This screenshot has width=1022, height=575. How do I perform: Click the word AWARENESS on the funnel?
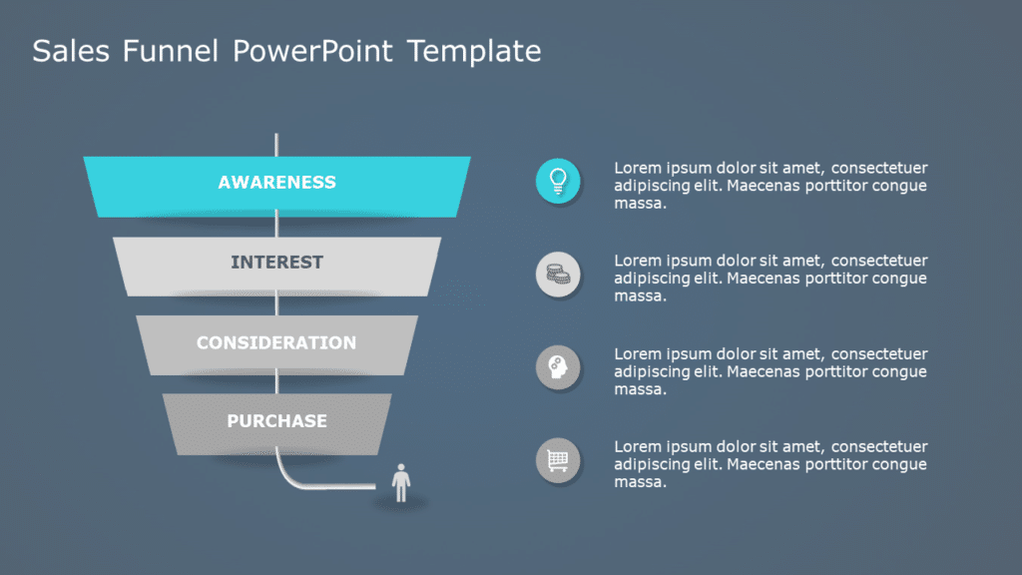pos(276,183)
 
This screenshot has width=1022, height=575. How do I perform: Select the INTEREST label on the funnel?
pos(276,263)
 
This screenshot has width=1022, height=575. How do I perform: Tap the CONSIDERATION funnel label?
pos(276,342)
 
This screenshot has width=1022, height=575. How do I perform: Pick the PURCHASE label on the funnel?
pos(276,421)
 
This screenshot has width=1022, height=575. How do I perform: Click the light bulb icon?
pos(558,181)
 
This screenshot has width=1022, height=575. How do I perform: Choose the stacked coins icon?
pos(558,275)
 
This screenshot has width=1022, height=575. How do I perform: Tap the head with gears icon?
pos(558,368)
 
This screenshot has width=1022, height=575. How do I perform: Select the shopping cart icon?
pos(558,460)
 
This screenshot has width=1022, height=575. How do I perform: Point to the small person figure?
pos(401,482)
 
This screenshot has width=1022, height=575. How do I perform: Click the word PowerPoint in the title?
pos(313,52)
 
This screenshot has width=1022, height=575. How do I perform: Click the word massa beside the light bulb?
pos(640,204)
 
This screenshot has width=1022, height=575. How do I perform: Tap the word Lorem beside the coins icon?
pos(638,261)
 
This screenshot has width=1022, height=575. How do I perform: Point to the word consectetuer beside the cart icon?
pos(879,446)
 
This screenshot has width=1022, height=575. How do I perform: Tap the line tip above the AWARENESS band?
pos(276,136)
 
